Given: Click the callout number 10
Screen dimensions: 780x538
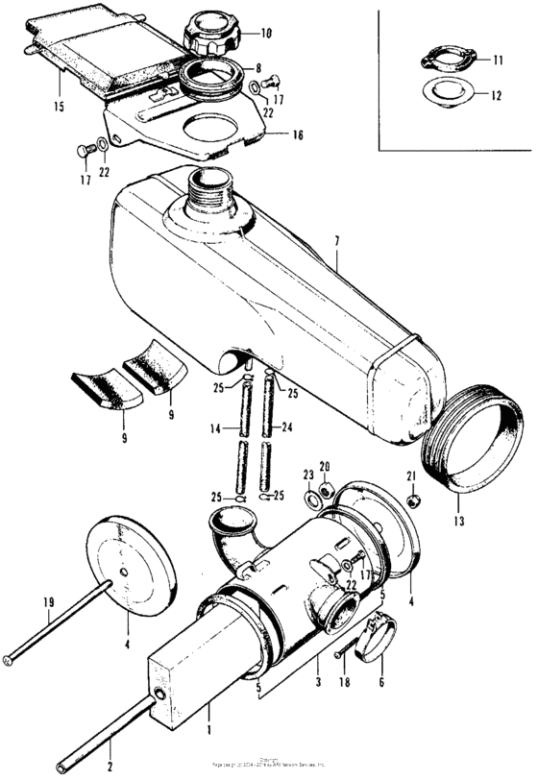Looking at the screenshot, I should (x=266, y=34).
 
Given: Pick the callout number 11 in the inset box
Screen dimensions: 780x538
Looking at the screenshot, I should (x=498, y=60).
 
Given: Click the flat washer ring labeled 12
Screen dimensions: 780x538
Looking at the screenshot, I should (x=445, y=95).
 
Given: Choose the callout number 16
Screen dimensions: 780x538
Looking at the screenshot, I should (x=298, y=135).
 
